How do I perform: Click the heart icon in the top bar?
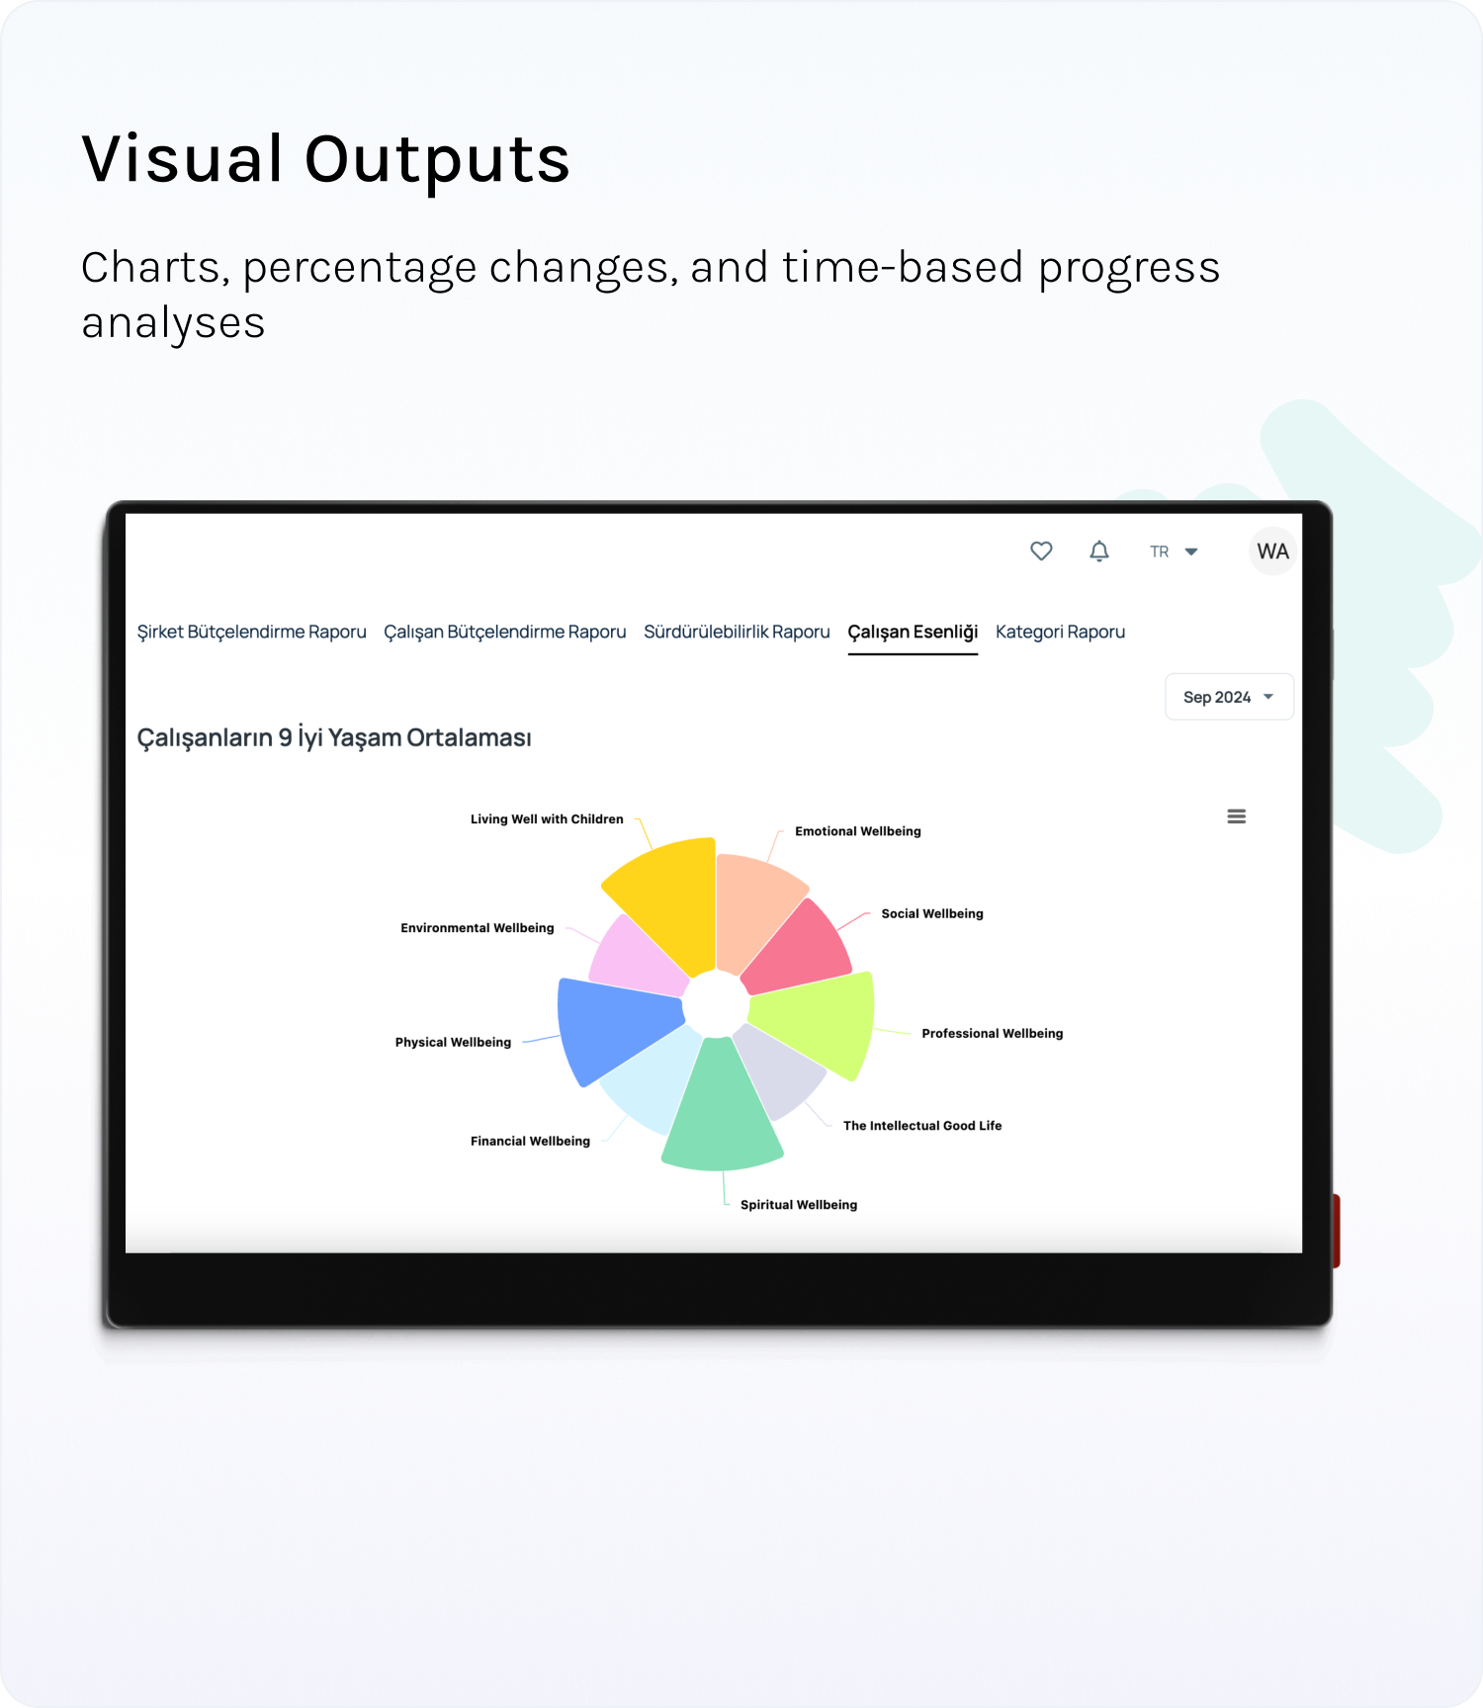[x=1041, y=551]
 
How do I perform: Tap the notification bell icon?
[x=1099, y=551]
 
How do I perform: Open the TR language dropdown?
[x=1174, y=552]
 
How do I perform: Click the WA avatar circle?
[x=1272, y=552]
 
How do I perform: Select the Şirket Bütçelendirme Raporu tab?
[x=252, y=632]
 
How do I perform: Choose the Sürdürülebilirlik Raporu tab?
[x=737, y=632]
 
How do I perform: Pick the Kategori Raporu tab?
[x=1060, y=632]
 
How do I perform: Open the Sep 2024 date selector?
[x=1229, y=697]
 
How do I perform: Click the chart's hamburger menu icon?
[x=1236, y=816]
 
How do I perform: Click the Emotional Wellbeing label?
[x=858, y=831]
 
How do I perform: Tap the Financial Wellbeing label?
[x=530, y=1141]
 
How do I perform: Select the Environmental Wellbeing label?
[x=478, y=928]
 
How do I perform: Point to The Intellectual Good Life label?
[x=922, y=1126]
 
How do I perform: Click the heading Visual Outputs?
[x=326, y=159]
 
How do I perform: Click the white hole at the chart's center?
[x=716, y=1005]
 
